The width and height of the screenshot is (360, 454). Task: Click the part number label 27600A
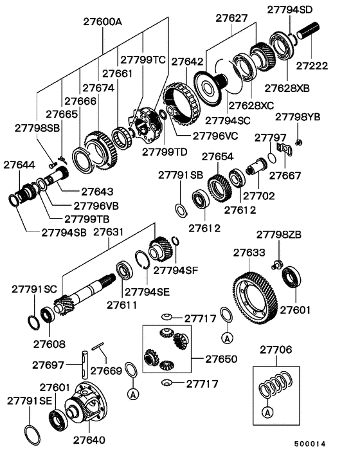pos(103,22)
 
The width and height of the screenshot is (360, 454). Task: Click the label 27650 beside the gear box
pos(221,359)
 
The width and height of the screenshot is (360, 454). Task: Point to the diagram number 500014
pos(310,444)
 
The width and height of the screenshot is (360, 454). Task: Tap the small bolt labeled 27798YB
pos(299,142)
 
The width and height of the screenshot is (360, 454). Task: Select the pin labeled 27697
pos(84,365)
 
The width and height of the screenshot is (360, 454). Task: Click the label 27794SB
pos(64,233)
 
